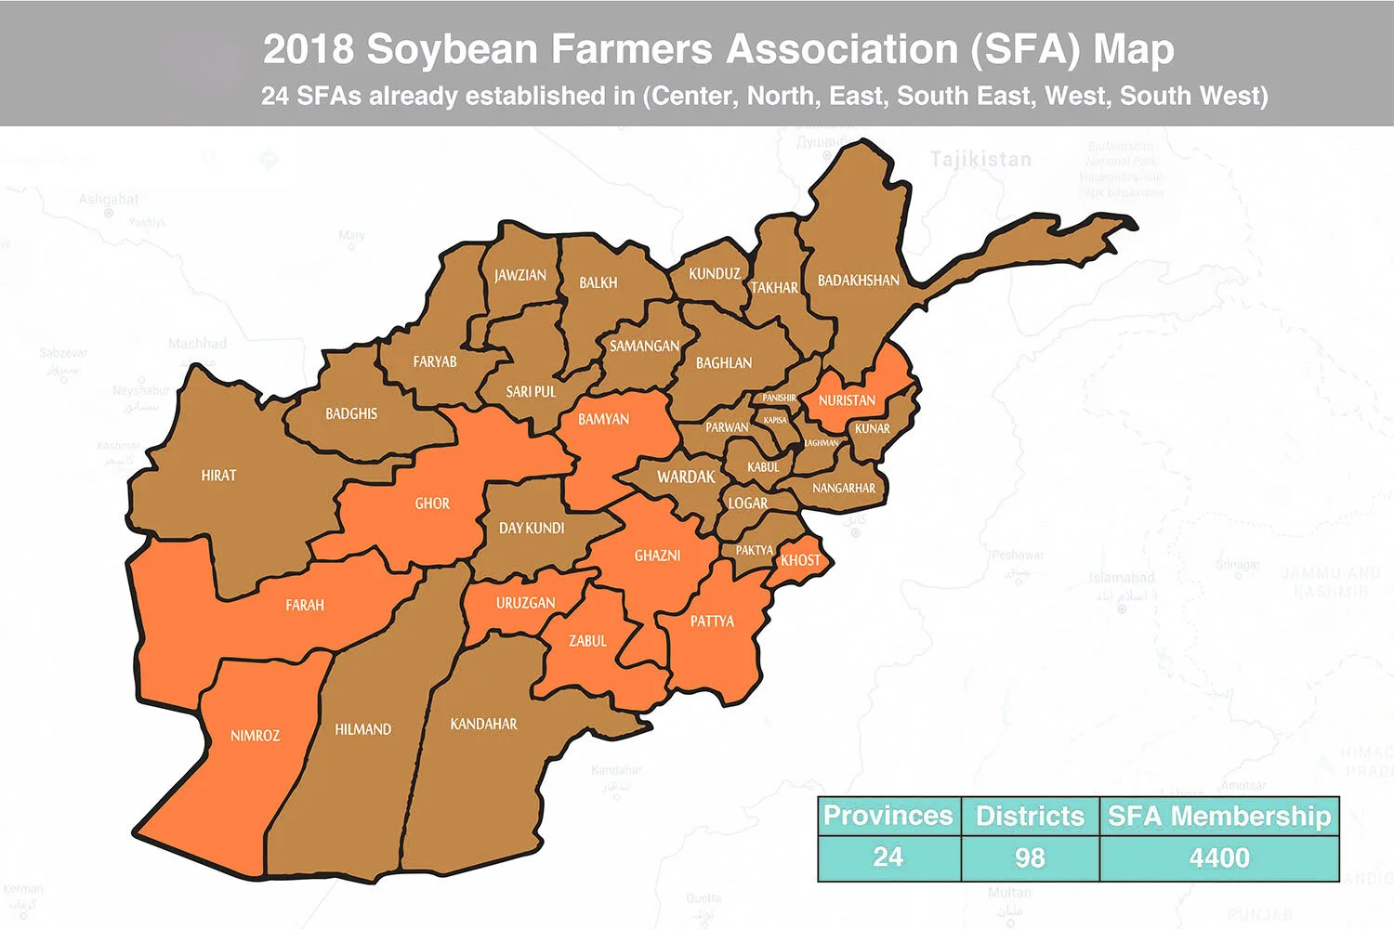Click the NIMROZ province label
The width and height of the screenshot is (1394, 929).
(x=255, y=736)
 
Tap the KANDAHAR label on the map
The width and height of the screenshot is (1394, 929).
(x=483, y=724)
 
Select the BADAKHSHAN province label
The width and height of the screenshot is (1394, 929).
(x=858, y=281)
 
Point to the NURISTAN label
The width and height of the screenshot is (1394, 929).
(x=847, y=400)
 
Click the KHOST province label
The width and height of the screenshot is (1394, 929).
(x=800, y=560)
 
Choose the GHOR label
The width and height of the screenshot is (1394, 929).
(x=432, y=504)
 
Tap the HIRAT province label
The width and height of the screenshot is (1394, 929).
(x=218, y=476)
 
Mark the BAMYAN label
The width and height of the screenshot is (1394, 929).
(x=603, y=420)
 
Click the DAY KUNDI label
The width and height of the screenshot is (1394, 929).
(x=532, y=529)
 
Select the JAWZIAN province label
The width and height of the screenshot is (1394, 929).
(x=520, y=276)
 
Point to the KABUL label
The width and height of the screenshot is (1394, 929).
(x=763, y=467)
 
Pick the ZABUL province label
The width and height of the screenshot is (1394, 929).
(x=587, y=641)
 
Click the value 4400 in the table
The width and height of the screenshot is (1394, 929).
(x=1219, y=857)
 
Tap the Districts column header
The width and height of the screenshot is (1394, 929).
(x=1030, y=816)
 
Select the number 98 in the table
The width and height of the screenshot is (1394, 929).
(x=1030, y=857)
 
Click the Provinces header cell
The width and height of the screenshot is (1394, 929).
(x=888, y=816)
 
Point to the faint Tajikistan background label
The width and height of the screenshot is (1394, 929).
(x=980, y=160)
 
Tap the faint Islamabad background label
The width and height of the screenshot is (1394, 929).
(x=1122, y=578)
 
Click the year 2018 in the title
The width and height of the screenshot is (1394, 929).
(x=308, y=49)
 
